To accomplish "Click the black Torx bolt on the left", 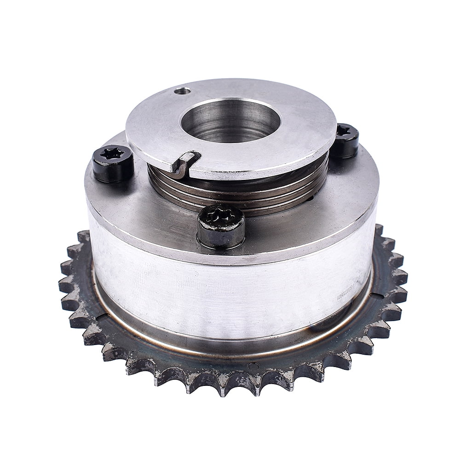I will point(113,163).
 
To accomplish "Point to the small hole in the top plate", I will point(183,91).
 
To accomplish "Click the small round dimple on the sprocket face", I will point(252,366).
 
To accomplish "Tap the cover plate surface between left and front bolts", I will point(156,202).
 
